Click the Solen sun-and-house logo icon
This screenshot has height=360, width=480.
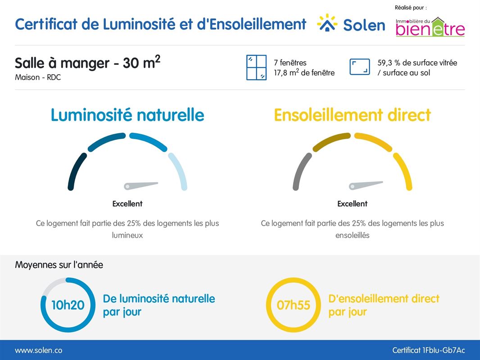click(x=327, y=23)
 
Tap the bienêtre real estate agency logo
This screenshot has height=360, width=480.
click(x=430, y=27)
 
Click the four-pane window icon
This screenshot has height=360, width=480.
click(x=257, y=67)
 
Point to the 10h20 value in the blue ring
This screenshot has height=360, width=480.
click(x=68, y=305)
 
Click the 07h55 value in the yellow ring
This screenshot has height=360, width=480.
click(x=294, y=305)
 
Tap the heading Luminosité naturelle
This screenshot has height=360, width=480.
click(x=127, y=115)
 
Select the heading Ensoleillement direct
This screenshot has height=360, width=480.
click(x=353, y=115)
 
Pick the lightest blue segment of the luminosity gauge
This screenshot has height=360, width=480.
click(x=179, y=171)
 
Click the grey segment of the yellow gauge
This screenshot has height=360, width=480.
click(x=301, y=171)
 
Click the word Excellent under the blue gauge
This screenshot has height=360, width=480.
click(x=127, y=204)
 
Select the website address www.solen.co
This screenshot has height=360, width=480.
click(x=39, y=350)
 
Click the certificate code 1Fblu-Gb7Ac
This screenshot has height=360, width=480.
click(x=428, y=350)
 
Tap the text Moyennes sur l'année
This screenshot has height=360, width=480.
click(x=59, y=265)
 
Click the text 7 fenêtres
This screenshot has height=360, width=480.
click(x=290, y=63)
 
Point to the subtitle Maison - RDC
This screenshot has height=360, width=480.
click(x=38, y=77)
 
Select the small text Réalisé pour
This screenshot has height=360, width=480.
click(x=410, y=8)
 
